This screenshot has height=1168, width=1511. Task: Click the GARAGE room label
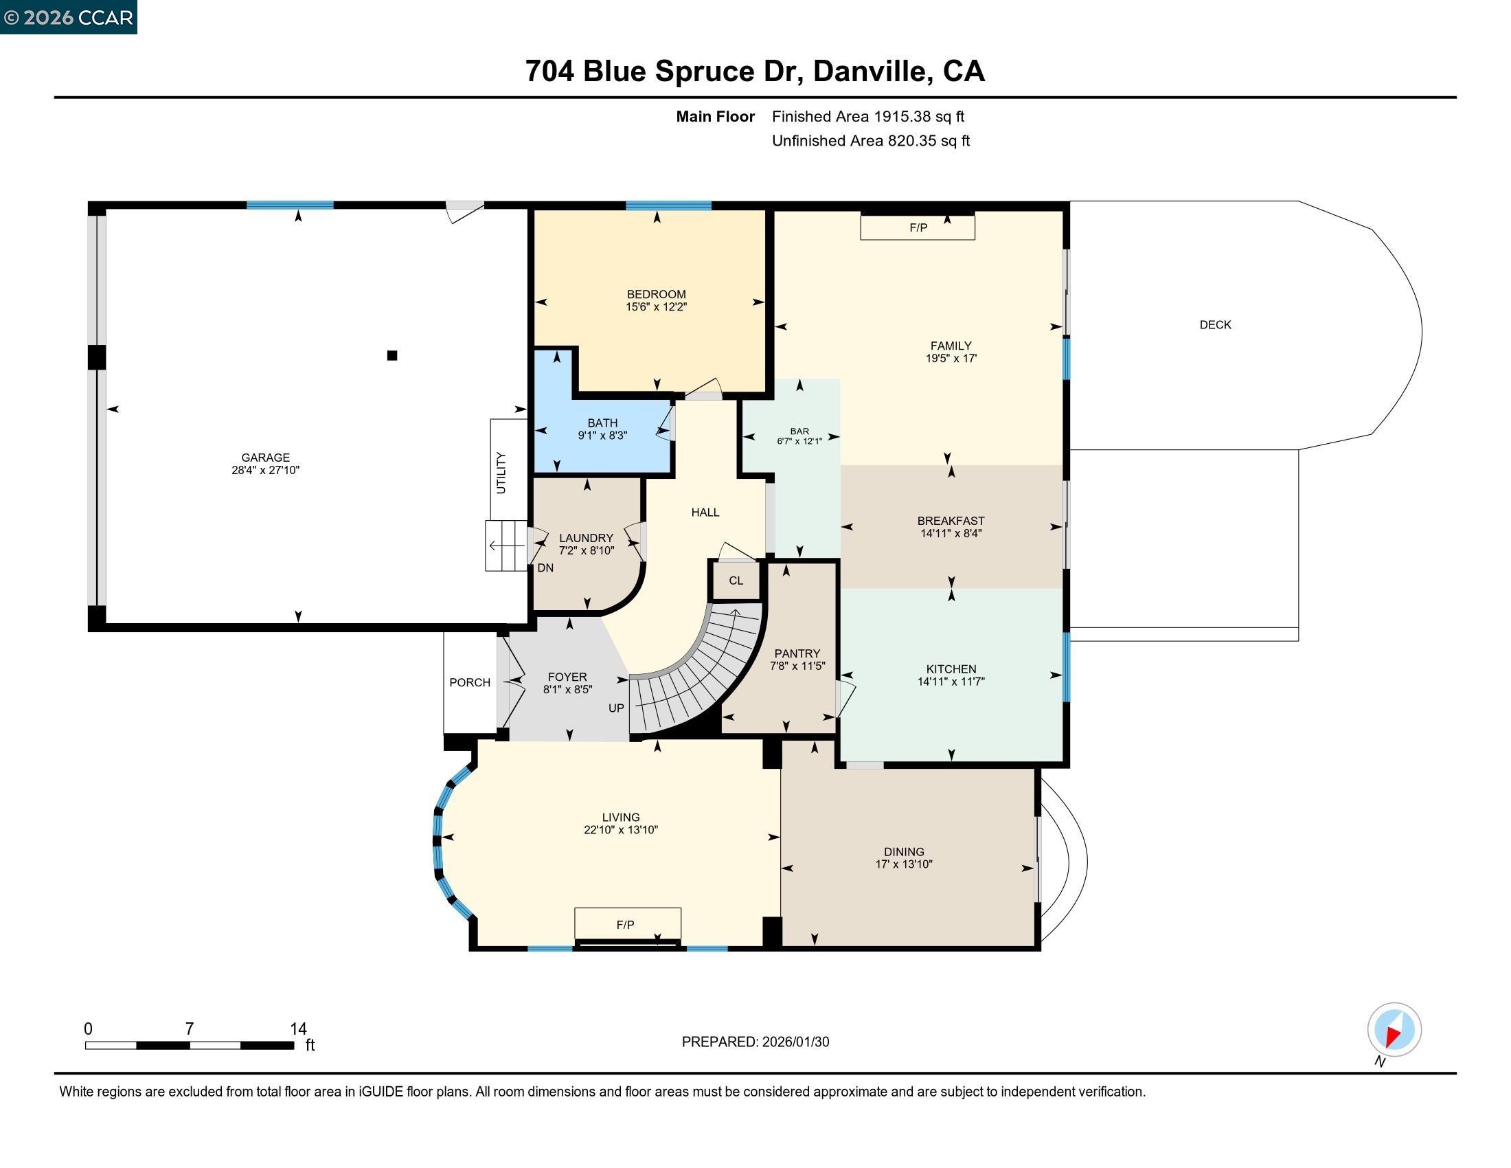(x=265, y=458)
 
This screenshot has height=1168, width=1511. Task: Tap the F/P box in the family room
(x=918, y=227)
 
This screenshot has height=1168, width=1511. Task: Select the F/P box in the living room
(x=626, y=924)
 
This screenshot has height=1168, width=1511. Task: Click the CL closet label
(x=736, y=581)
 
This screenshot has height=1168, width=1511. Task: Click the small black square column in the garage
(x=392, y=356)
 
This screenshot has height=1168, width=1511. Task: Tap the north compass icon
(x=1394, y=1030)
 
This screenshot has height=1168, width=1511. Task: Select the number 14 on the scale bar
(x=298, y=1029)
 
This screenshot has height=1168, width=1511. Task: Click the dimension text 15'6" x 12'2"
(x=656, y=307)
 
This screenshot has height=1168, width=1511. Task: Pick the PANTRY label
(x=797, y=653)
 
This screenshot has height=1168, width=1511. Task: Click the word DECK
(x=1215, y=324)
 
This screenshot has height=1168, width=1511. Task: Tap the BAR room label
(x=799, y=431)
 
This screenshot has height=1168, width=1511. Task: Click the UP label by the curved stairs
(x=616, y=708)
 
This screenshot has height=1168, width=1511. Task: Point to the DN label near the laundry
(x=545, y=568)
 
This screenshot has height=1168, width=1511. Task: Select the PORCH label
(x=470, y=682)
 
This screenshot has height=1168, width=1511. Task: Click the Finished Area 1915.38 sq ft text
(x=867, y=117)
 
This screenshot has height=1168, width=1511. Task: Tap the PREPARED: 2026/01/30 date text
(x=755, y=1042)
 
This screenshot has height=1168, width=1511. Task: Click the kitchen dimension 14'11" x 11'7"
(x=951, y=682)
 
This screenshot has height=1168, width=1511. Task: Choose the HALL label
(x=705, y=512)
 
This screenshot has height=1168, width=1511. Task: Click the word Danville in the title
(x=869, y=71)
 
